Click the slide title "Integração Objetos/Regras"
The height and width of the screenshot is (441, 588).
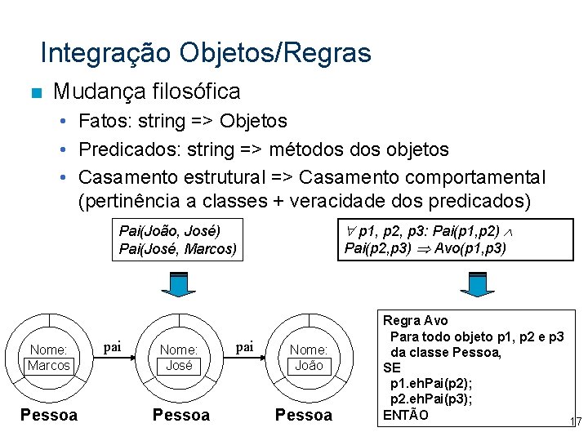[x=205, y=53]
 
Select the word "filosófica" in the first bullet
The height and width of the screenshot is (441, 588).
[x=199, y=91]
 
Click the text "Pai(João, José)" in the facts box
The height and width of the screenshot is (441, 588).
[x=170, y=230]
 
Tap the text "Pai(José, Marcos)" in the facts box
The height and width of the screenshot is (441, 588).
[x=178, y=248]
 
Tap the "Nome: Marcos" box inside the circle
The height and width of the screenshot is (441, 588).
[x=49, y=358]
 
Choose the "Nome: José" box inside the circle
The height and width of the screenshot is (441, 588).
[x=179, y=358]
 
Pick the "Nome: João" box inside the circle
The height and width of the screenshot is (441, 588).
[x=308, y=358]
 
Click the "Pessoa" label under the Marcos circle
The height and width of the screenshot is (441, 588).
[x=49, y=415]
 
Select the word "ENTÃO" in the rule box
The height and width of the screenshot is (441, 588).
[x=405, y=414]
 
